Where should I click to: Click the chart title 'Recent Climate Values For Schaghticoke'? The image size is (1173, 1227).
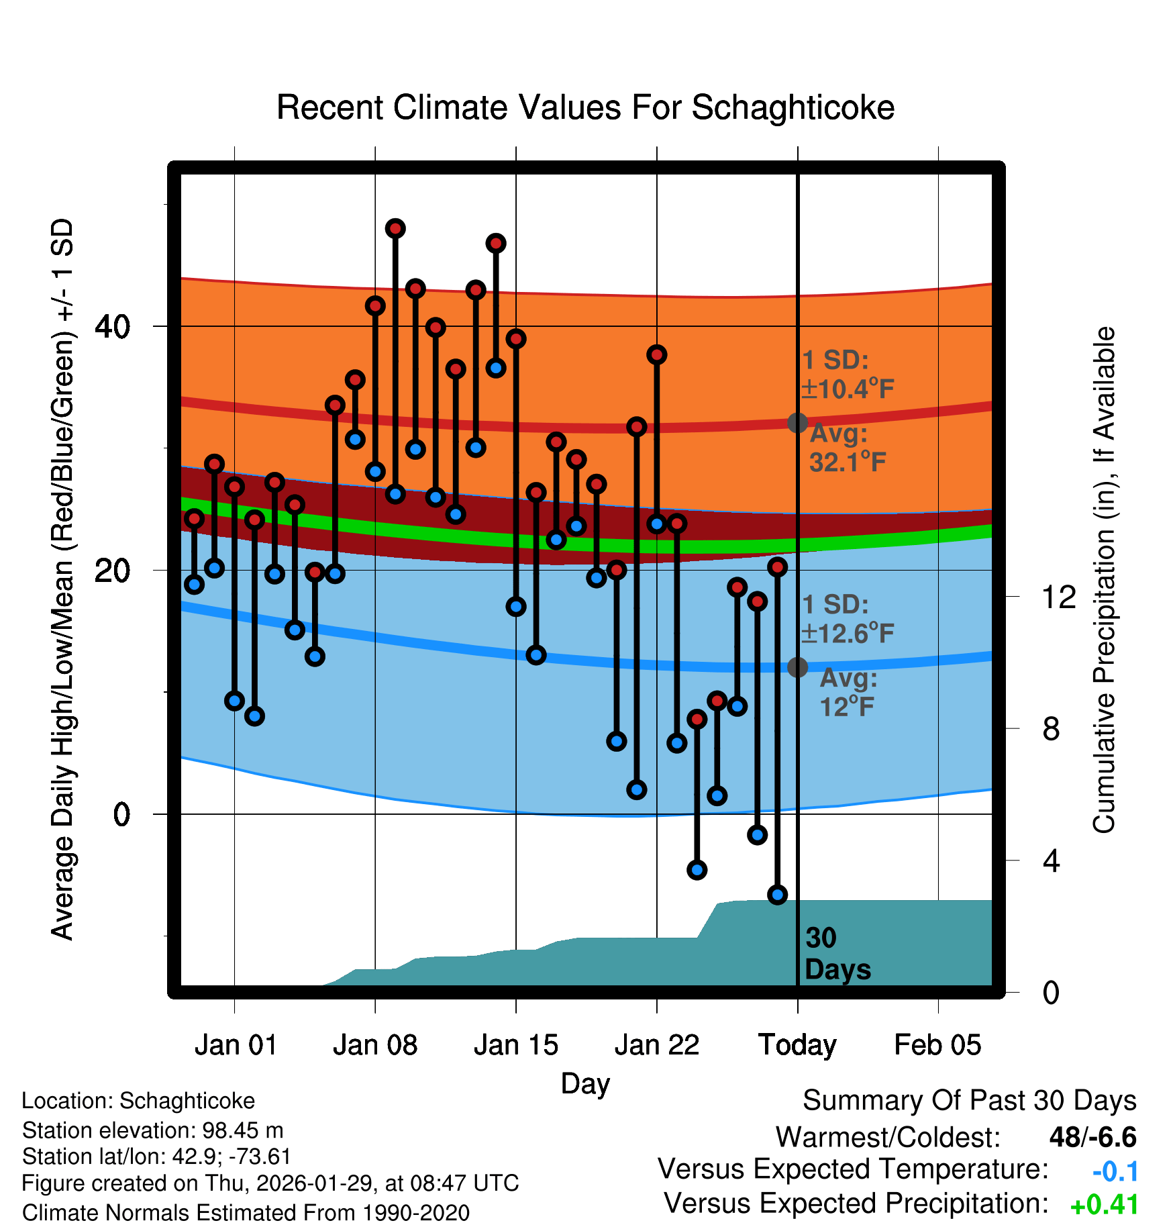point(585,107)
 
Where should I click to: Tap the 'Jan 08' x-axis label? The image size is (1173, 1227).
point(375,1045)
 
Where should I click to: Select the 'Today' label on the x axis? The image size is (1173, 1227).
point(797,1045)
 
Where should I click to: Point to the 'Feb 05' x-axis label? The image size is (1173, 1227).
point(937,1045)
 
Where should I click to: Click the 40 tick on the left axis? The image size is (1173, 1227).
point(113,327)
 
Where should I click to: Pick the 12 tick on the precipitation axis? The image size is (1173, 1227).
point(1059,597)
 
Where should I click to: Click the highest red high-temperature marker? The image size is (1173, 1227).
point(395,229)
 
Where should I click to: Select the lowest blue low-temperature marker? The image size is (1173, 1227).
point(777,894)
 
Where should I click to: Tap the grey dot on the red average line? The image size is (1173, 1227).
point(797,423)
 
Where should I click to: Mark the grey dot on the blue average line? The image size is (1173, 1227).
point(797,667)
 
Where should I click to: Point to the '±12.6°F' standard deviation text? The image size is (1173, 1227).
point(848,633)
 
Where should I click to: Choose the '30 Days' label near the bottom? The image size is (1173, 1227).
point(837,954)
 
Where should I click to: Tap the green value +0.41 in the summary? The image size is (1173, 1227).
point(1105,1205)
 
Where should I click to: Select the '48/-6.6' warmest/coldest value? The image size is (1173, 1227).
point(1092,1137)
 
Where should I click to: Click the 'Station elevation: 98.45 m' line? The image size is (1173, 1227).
point(152,1130)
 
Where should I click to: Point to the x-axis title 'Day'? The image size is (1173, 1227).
point(585,1083)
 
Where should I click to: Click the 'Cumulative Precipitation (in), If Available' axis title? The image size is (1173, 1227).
point(1105,580)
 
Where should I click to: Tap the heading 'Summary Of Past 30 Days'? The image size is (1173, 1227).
point(969,1101)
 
